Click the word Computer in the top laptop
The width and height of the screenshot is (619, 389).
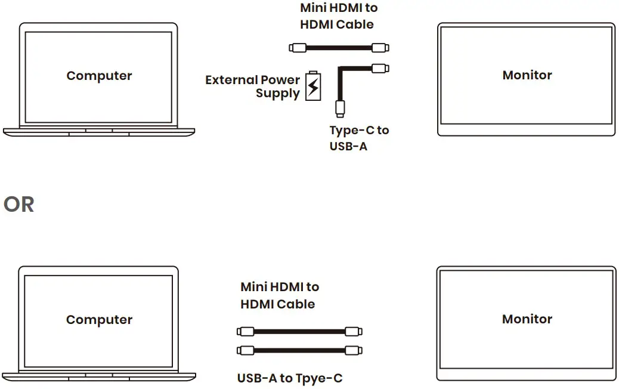pyautogui.click(x=99, y=76)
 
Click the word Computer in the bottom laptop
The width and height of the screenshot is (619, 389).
pyautogui.click(x=99, y=320)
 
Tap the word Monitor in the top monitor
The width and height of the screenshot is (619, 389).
pyautogui.click(x=527, y=75)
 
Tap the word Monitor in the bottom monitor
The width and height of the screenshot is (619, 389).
pyautogui.click(x=527, y=319)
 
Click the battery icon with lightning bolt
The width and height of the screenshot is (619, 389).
pyautogui.click(x=312, y=86)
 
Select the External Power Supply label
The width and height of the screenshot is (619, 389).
pyautogui.click(x=253, y=87)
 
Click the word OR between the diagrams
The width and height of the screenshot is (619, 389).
pyautogui.click(x=18, y=205)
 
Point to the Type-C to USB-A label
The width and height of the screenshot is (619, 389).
pyautogui.click(x=358, y=138)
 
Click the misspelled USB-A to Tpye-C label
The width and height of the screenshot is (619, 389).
pyautogui.click(x=290, y=378)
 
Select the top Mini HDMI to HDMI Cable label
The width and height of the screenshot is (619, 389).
pyautogui.click(x=338, y=16)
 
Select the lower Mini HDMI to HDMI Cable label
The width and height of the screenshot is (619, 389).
pyautogui.click(x=279, y=295)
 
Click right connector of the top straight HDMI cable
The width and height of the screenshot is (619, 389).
pyautogui.click(x=380, y=48)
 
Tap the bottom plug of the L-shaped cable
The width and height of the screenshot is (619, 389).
pyautogui.click(x=339, y=108)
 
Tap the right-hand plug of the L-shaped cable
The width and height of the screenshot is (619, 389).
pyautogui.click(x=380, y=68)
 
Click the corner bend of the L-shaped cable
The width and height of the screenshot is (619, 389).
pyautogui.click(x=341, y=70)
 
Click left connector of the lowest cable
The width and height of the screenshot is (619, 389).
pyautogui.click(x=246, y=351)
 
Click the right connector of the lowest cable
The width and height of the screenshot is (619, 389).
pyautogui.click(x=353, y=351)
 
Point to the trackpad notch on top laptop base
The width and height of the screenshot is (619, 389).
pyautogui.click(x=99, y=133)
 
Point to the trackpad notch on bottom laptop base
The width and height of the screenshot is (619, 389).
pyautogui.click(x=99, y=376)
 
